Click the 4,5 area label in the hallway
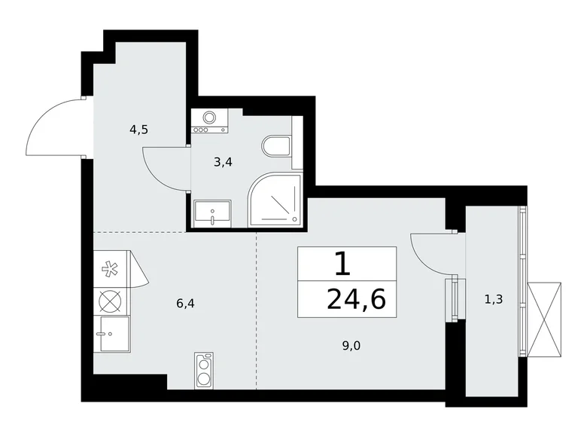[138, 129]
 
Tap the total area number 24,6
[356, 299]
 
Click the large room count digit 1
[342, 264]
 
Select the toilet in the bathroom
[277, 145]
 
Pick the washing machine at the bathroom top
[210, 121]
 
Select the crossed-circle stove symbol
[111, 301]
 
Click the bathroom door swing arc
[164, 167]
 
